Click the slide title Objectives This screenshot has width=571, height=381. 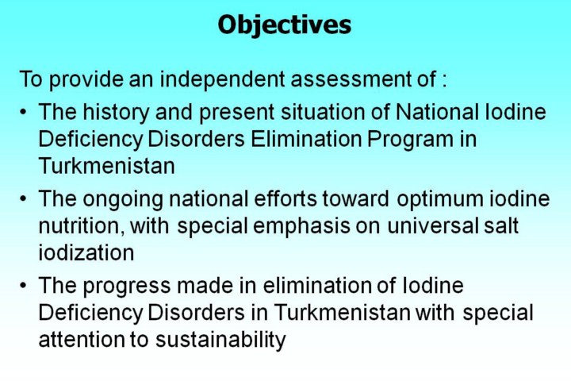[285, 25]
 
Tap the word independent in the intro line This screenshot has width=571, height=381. [222, 79]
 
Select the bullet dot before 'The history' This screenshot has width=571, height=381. [24, 112]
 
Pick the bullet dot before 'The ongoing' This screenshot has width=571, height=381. [24, 199]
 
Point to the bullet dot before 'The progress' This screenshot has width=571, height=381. [24, 286]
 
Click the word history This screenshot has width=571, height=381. [116, 112]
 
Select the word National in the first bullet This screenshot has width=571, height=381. [437, 111]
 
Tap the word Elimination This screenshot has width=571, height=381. [306, 139]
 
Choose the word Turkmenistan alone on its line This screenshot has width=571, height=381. [106, 166]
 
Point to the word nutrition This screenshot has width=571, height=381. [79, 226]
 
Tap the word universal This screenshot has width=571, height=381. [433, 225]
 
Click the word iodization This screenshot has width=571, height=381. [86, 252]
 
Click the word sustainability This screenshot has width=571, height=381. [220, 341]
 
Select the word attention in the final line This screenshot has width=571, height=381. [82, 340]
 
